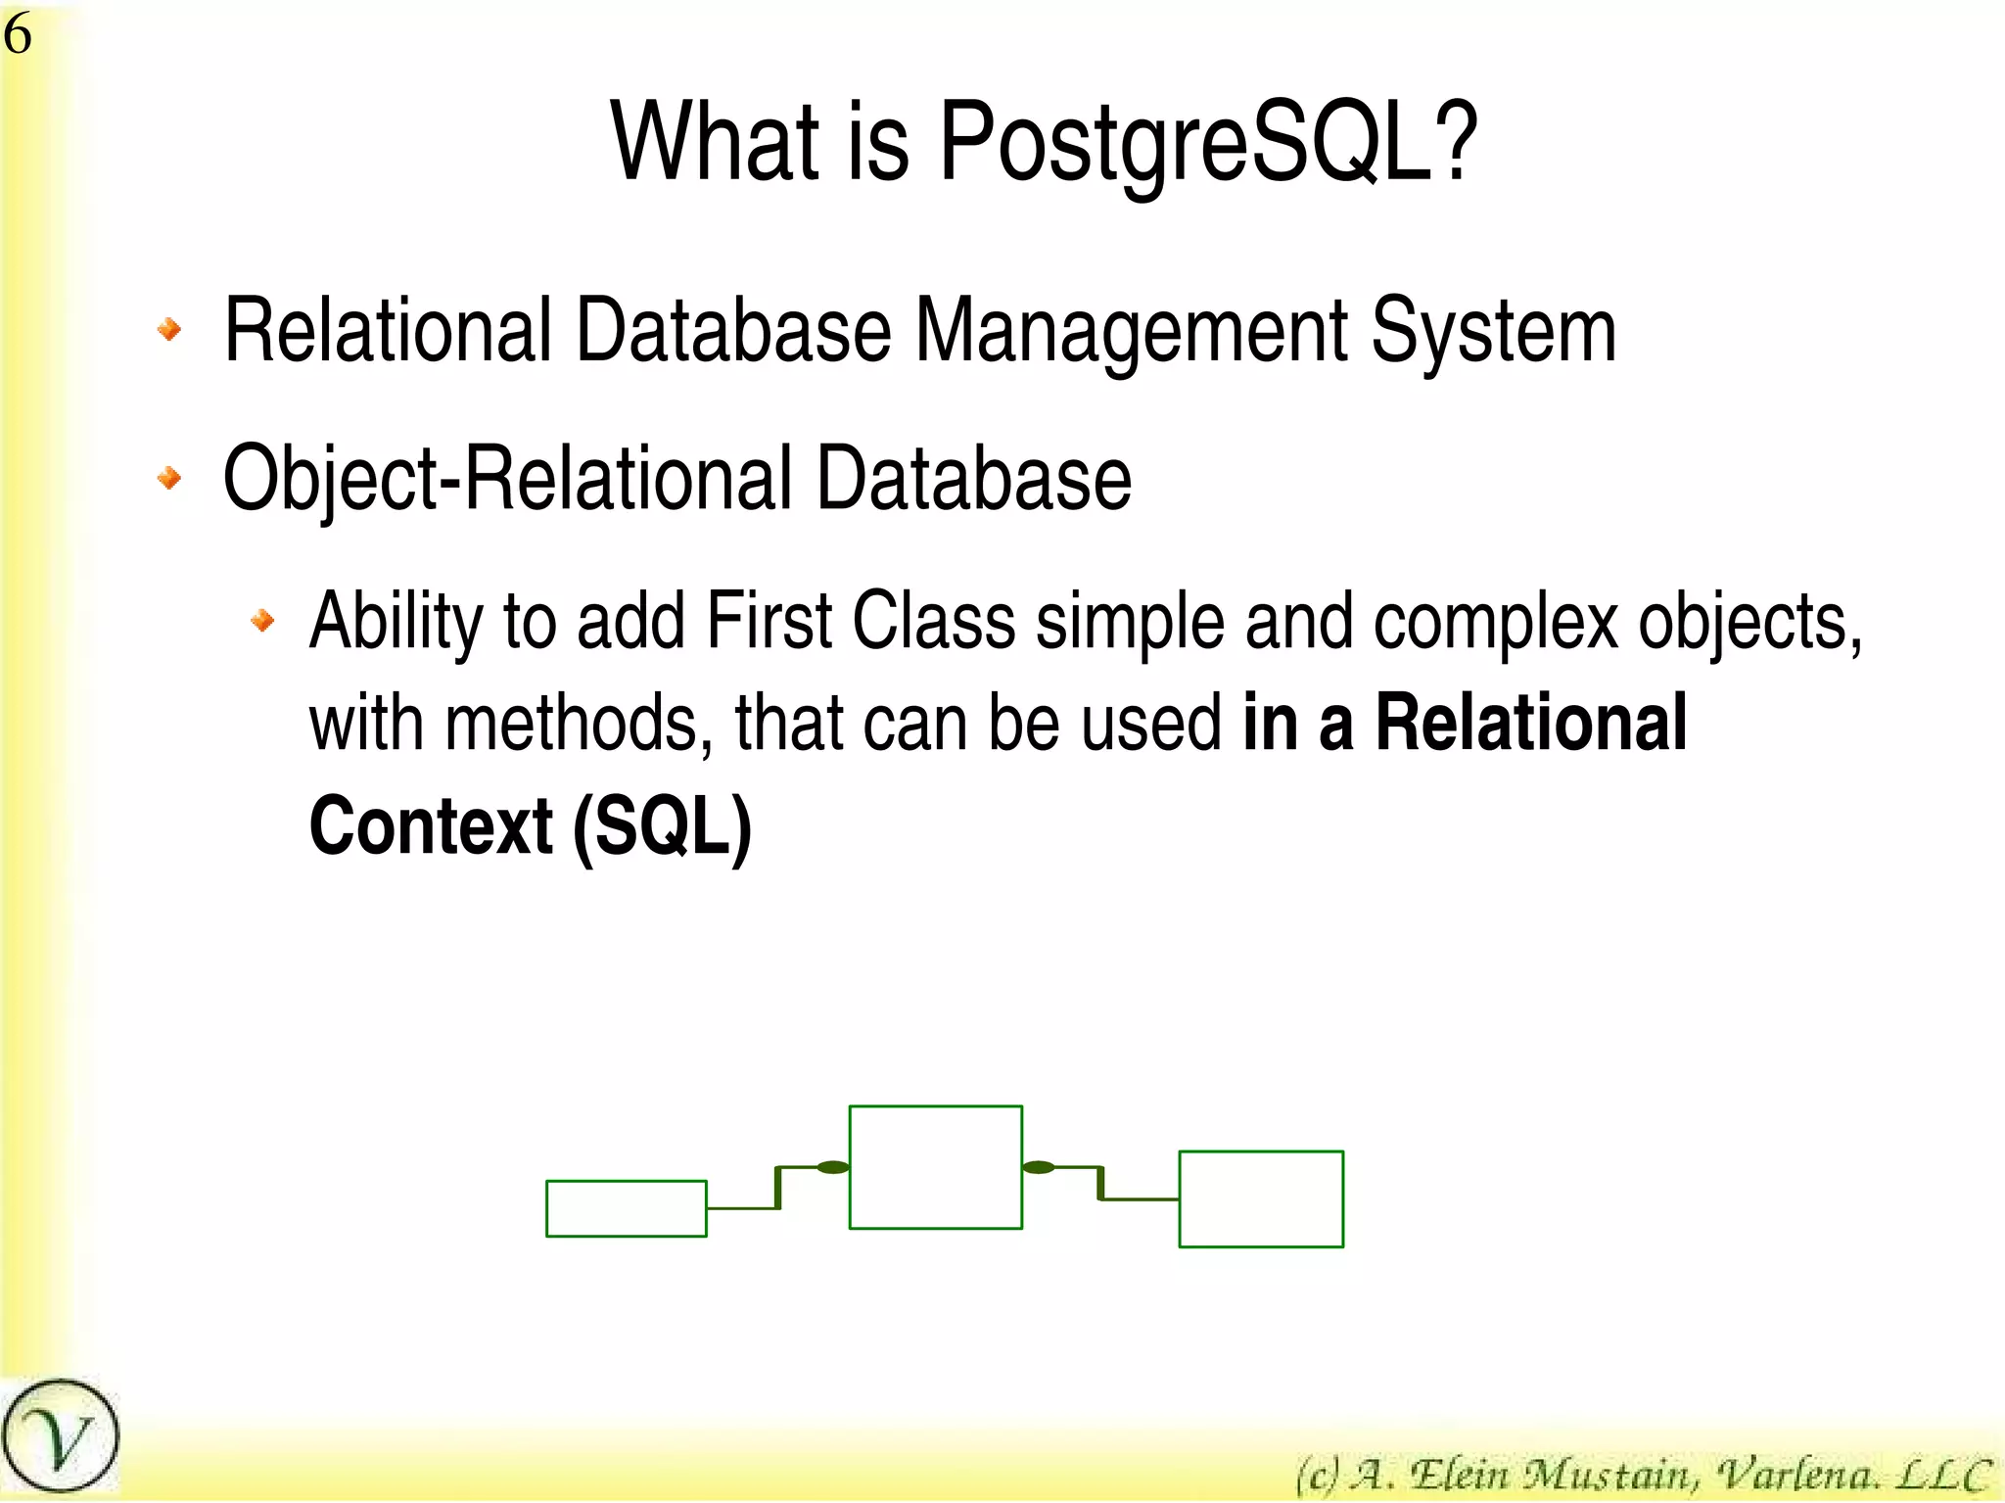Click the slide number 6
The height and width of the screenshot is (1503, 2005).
pyautogui.click(x=18, y=36)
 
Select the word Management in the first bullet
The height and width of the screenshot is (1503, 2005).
pyautogui.click(x=1131, y=332)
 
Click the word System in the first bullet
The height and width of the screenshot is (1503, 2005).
pyautogui.click(x=1492, y=334)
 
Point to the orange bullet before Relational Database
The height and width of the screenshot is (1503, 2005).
pyautogui.click(x=169, y=329)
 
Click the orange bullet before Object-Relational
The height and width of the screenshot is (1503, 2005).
pyautogui.click(x=169, y=478)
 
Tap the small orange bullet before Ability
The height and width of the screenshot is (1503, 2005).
pyautogui.click(x=262, y=619)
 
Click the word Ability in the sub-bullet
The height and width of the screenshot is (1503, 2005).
pyautogui.click(x=396, y=623)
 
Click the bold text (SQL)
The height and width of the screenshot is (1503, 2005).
pyautogui.click(x=662, y=827)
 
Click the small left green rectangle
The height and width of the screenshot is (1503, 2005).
pyautogui.click(x=626, y=1208)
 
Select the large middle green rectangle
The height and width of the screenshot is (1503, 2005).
pyautogui.click(x=935, y=1166)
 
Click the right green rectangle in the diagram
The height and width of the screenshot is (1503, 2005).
pyautogui.click(x=1260, y=1198)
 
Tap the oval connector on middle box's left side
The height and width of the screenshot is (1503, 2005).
pyautogui.click(x=833, y=1167)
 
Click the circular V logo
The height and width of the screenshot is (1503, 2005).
pyautogui.click(x=60, y=1436)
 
